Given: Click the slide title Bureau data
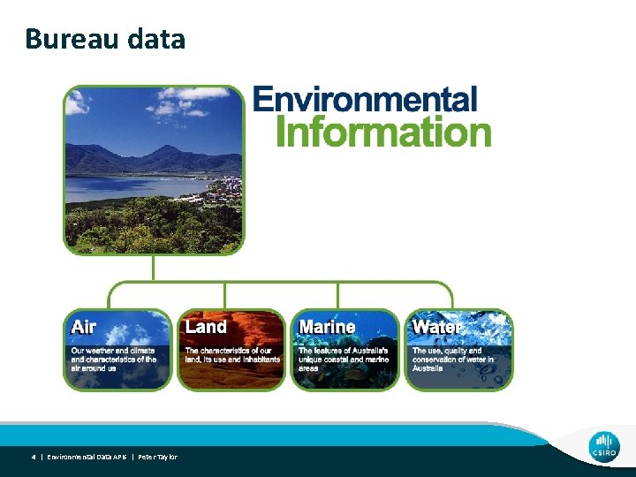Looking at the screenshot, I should [x=105, y=39].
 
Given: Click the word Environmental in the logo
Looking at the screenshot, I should [x=365, y=99].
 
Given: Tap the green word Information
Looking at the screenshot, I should [x=383, y=132].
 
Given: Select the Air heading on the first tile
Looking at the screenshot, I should [x=84, y=327].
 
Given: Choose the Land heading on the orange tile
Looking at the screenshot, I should [x=206, y=327].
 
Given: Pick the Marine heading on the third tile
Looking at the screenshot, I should [x=327, y=327].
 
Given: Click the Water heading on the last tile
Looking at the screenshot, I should [x=437, y=327].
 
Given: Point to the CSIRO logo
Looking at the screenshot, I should [x=604, y=446].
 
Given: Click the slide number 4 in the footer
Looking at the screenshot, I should [x=34, y=457].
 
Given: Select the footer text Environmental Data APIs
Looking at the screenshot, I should [x=87, y=457].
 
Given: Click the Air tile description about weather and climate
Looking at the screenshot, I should [x=114, y=359].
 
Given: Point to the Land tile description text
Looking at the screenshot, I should [x=232, y=355].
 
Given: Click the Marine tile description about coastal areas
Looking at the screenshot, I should [x=344, y=359].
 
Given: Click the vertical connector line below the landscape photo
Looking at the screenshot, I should [x=154, y=269].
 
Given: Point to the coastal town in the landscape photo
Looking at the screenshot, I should [x=225, y=186].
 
